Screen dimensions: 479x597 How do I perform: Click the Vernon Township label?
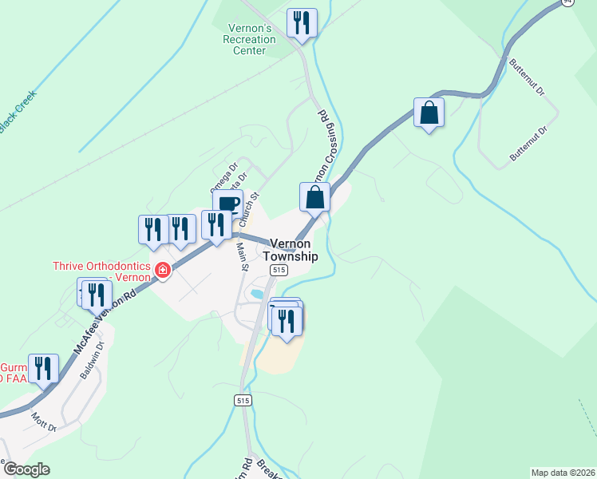[293, 250]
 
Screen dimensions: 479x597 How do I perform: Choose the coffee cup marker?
[227, 203]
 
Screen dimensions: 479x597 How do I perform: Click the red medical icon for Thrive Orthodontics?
[163, 271]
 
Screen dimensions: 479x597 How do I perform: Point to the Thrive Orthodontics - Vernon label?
[101, 271]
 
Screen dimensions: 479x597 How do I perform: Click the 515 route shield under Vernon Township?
[279, 271]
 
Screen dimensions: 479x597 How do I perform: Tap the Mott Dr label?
[44, 421]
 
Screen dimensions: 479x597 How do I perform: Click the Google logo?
[26, 469]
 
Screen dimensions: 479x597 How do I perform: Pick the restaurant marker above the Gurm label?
[43, 368]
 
